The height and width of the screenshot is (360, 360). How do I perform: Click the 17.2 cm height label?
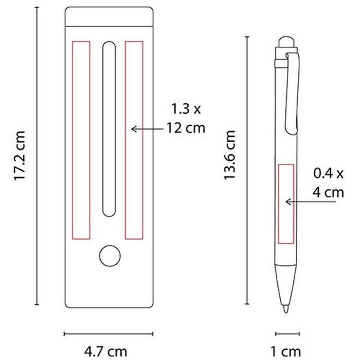[x=20, y=156]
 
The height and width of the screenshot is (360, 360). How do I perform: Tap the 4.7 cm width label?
[x=105, y=351]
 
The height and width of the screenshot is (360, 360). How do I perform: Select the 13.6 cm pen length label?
[x=229, y=155]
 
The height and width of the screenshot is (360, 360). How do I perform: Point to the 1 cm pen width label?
[x=285, y=351]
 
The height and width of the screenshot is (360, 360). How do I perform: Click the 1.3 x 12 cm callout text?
[x=186, y=118]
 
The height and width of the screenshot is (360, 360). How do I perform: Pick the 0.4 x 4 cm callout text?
[x=328, y=183]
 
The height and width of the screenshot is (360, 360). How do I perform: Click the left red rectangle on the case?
[x=81, y=140]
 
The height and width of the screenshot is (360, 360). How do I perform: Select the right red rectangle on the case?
[x=134, y=140]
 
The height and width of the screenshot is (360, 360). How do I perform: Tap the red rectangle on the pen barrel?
[x=286, y=204]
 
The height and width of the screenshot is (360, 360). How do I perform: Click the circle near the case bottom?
[x=110, y=256]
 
